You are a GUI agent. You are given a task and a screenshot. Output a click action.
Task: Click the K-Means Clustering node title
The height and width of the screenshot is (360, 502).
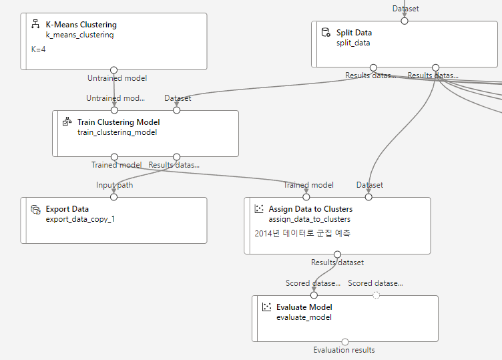coord(81,25)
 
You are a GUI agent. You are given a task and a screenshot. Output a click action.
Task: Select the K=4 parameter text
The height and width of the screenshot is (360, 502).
coord(38,49)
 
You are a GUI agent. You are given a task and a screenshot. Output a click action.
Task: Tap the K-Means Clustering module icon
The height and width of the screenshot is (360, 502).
coord(35,25)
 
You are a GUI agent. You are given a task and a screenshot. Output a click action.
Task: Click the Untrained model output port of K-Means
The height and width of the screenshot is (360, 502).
coord(114,69)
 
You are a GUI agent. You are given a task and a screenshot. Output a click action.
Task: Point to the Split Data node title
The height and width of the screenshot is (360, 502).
coord(354,32)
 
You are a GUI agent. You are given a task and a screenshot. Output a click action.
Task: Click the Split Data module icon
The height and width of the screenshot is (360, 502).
coord(326,32)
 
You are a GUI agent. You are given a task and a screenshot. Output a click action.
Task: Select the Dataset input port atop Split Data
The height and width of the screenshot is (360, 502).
coord(404,21)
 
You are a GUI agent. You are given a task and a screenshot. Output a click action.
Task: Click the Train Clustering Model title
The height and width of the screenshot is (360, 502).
coord(118,122)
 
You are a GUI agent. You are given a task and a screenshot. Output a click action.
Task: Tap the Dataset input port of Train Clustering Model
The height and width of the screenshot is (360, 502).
coord(176,110)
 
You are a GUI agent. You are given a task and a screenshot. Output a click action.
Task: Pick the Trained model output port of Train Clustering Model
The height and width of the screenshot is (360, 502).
coord(114,157)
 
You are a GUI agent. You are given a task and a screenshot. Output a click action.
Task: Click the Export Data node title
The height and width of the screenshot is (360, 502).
coord(67,209)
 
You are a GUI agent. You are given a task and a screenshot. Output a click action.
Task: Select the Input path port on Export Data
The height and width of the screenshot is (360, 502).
coord(114,197)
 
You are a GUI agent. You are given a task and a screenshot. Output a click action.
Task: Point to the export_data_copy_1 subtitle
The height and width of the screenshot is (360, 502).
coord(80,218)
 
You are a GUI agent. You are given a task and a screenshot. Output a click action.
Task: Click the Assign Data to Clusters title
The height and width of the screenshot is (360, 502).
coord(310,209)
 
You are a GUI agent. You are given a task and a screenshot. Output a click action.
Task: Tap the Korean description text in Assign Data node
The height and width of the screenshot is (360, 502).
coord(303,234)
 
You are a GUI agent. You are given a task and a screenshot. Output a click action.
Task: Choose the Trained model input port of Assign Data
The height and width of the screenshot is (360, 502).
coord(306,197)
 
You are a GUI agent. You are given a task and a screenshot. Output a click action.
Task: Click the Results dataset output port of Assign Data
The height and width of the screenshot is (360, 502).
coord(337,254)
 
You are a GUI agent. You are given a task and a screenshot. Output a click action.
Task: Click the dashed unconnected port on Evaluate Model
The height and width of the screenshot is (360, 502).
coord(376,295)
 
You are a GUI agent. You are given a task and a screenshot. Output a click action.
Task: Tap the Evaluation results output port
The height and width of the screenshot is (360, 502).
coord(345,342)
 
